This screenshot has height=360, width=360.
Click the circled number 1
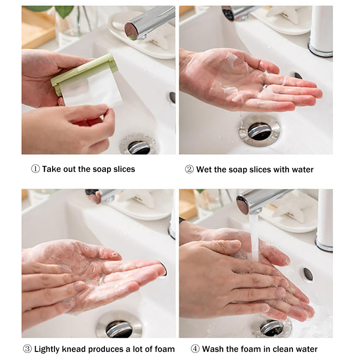(x=36, y=169)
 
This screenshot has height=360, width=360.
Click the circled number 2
(x=189, y=170)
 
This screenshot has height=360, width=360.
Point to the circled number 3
(x=27, y=349)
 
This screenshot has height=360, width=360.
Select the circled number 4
(x=195, y=349)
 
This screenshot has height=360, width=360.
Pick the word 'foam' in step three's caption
(x=165, y=349)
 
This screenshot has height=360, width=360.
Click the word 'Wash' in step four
(x=213, y=349)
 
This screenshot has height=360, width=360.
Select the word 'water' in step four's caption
(x=307, y=349)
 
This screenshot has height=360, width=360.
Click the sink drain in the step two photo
(x=260, y=131)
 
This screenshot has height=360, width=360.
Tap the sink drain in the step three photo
(x=119, y=327)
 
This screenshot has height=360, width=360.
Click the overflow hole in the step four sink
(x=308, y=274)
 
